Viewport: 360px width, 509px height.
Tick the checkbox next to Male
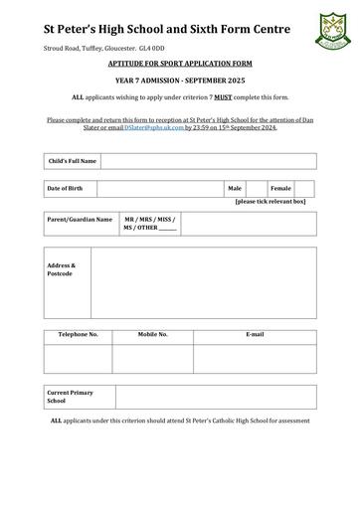[x=256, y=188]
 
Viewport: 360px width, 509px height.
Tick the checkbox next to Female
[x=304, y=188]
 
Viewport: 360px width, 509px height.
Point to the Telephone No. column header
[x=78, y=335]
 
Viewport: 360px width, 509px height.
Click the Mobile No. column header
[x=152, y=335]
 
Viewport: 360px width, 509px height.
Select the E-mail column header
[x=255, y=335]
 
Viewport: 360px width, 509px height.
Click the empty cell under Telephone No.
[x=78, y=357]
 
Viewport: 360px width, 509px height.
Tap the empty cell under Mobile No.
[x=152, y=357]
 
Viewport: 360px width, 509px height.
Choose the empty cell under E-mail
[x=255, y=357]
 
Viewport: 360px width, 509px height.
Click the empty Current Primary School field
[x=216, y=397]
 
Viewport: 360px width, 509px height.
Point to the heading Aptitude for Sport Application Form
[x=180, y=62]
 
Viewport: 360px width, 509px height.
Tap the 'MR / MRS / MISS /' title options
[x=148, y=219]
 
